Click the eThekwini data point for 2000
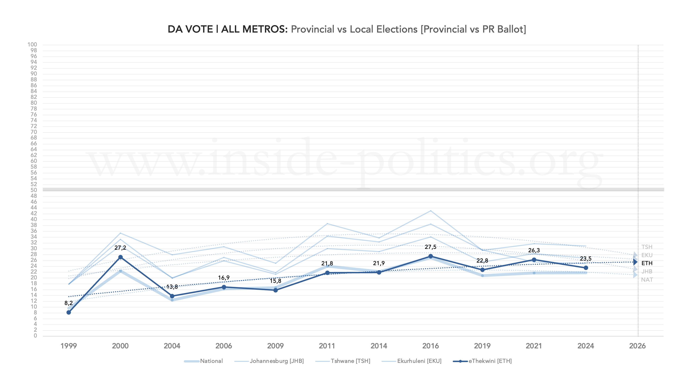click(x=121, y=257)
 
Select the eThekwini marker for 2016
click(x=430, y=256)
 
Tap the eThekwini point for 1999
click(x=69, y=312)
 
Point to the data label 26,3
click(x=534, y=250)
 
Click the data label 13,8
click(x=172, y=287)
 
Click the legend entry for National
click(x=211, y=361)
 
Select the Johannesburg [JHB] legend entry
click(x=276, y=361)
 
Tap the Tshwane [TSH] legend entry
click(x=350, y=361)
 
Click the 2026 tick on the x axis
click(x=637, y=346)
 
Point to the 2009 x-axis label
click(x=275, y=346)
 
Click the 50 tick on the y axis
click(x=34, y=190)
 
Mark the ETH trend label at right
click(x=647, y=263)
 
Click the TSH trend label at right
click(x=647, y=247)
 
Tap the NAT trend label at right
click(x=647, y=280)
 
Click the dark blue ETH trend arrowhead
click(x=635, y=262)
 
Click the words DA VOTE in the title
click(x=190, y=29)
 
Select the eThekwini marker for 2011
click(x=327, y=273)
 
